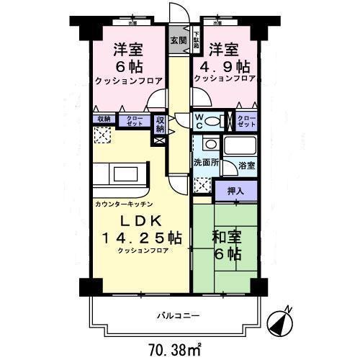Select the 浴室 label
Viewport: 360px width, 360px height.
click(x=247, y=165)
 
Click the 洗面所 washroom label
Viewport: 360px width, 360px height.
click(x=204, y=161)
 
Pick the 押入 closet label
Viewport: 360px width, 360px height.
click(x=235, y=191)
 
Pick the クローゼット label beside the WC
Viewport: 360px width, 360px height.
click(x=246, y=121)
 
